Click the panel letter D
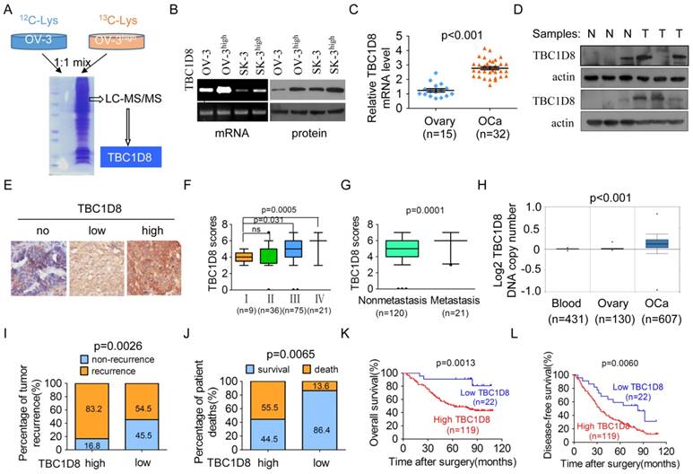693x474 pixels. [509, 12]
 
